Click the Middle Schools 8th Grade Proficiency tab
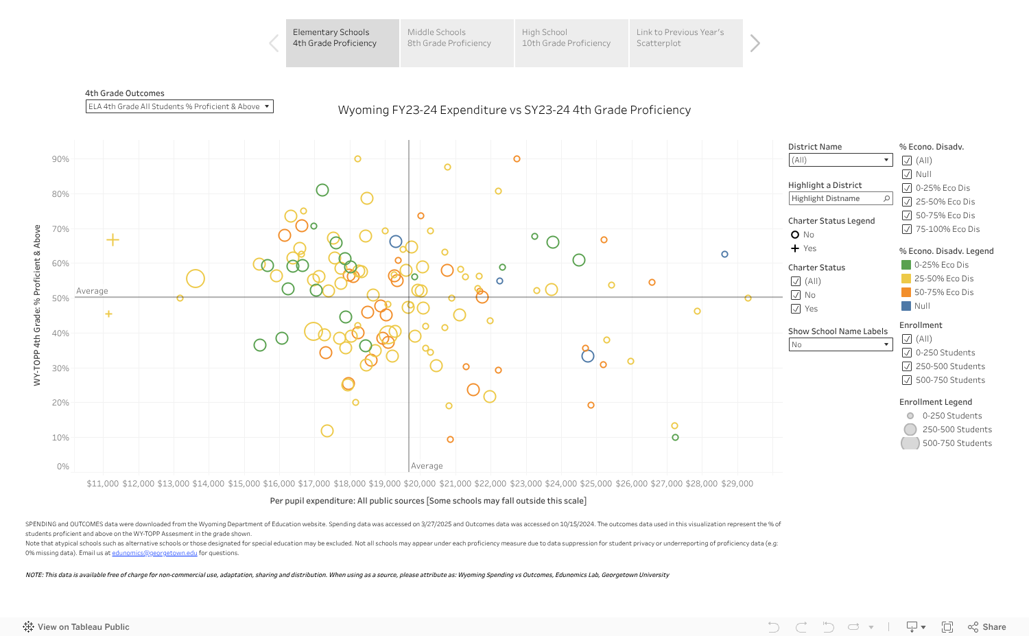[x=456, y=43]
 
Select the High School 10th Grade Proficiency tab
[x=571, y=43]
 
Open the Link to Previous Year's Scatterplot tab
[x=685, y=43]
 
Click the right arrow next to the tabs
[x=755, y=43]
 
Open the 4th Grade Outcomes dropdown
[x=179, y=106]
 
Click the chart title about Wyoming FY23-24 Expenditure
[x=514, y=110]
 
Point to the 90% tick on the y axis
[x=60, y=159]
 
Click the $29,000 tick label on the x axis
[x=737, y=484]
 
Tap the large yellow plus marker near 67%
[x=113, y=239]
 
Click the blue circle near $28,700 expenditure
[x=724, y=255]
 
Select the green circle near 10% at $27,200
[x=675, y=437]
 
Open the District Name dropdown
[x=840, y=160]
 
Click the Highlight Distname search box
[x=840, y=198]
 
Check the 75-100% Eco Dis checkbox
[x=907, y=229]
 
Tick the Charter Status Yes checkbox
[x=796, y=309]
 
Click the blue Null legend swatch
[x=906, y=306]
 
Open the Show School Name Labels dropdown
[x=840, y=344]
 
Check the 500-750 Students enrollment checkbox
[x=907, y=380]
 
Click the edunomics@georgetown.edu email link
[x=154, y=553]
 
